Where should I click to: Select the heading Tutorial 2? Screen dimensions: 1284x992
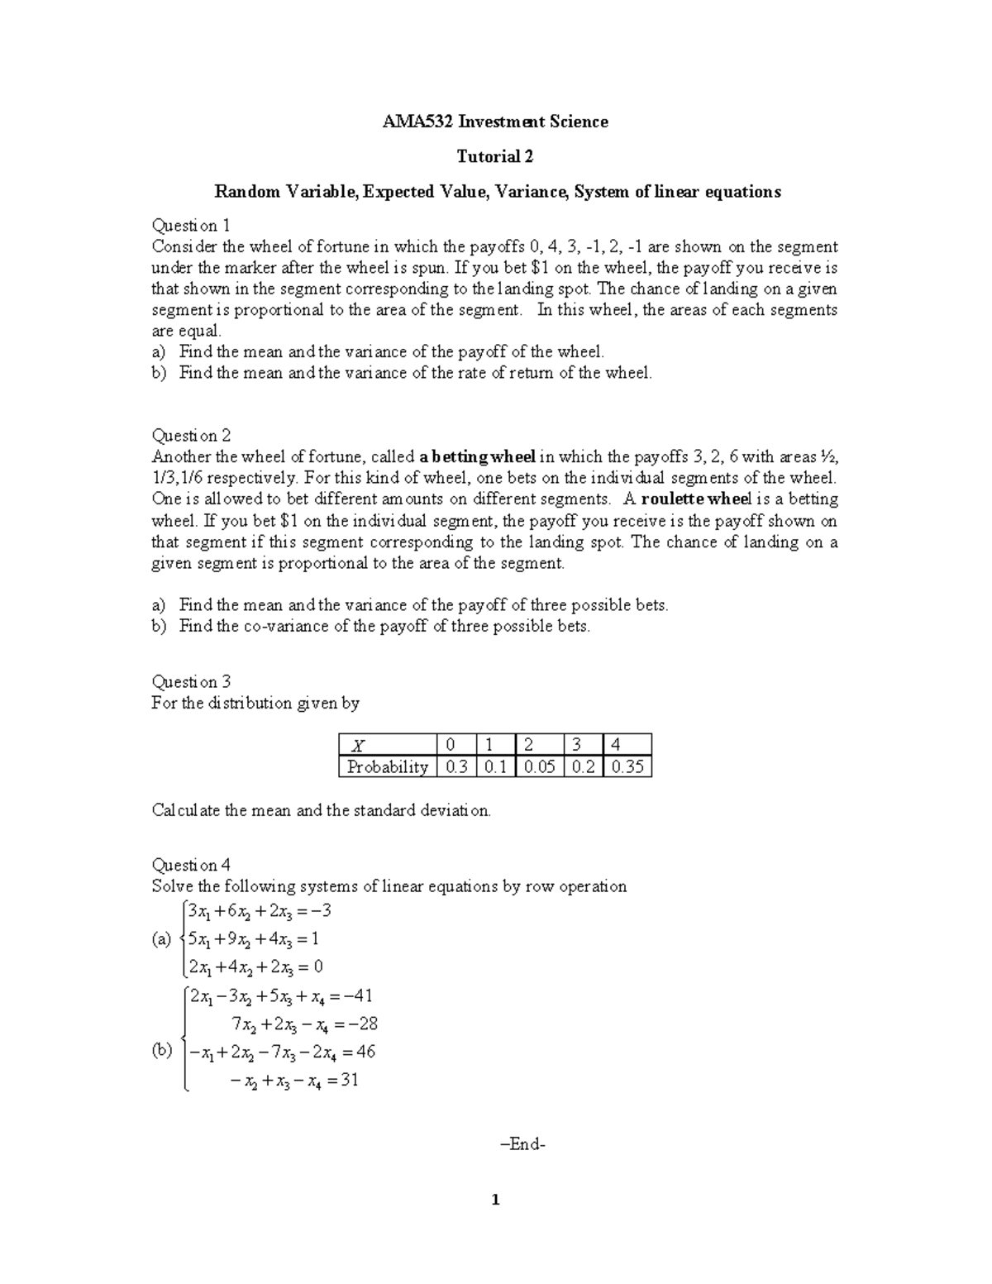(x=495, y=157)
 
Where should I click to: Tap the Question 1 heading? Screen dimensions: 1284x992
(x=191, y=226)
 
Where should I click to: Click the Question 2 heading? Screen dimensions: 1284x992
(x=191, y=436)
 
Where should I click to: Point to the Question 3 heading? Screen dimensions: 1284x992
(x=191, y=682)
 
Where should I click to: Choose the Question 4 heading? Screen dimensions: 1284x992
(x=191, y=866)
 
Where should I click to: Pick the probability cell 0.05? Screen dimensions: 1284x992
(x=539, y=767)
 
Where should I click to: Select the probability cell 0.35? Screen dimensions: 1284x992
(x=627, y=767)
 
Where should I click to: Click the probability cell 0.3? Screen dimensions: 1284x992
(x=456, y=767)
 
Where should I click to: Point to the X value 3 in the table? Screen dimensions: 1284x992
(x=577, y=744)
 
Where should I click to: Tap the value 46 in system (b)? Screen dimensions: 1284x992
(x=365, y=1052)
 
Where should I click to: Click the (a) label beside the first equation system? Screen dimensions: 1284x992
(x=161, y=939)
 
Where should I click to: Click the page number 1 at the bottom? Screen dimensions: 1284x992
(x=495, y=1200)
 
